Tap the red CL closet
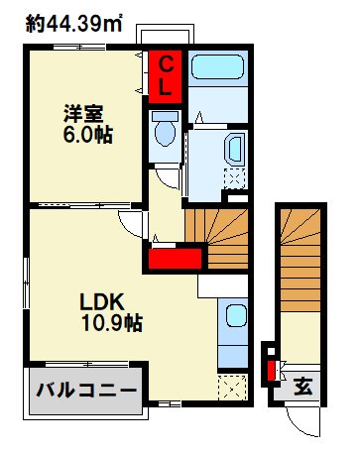[167, 77]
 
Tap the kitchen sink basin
[235, 317]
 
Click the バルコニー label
[87, 390]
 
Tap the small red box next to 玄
[269, 373]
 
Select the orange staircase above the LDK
[222, 239]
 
